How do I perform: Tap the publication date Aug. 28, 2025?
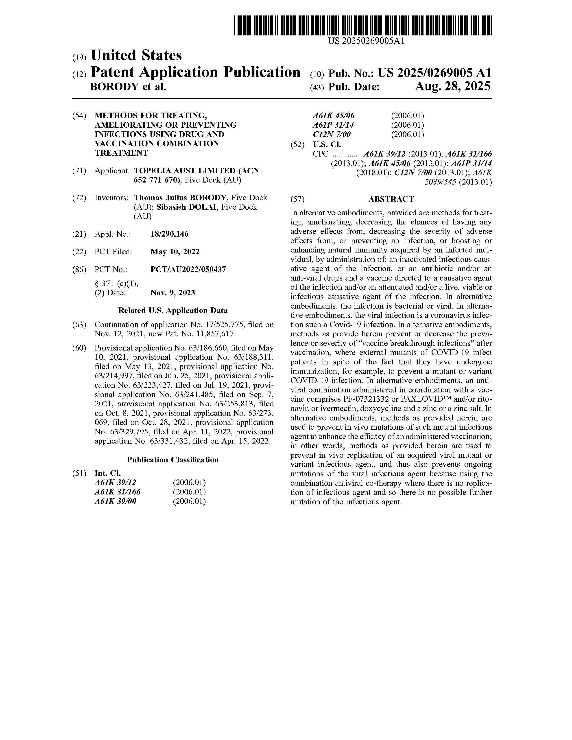[x=452, y=87]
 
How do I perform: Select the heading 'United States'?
[x=136, y=55]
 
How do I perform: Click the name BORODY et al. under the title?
[x=128, y=87]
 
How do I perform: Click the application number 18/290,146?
[x=169, y=234]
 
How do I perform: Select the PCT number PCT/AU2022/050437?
[x=188, y=269]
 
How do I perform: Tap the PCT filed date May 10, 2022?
[x=175, y=252]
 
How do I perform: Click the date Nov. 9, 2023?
[x=172, y=293]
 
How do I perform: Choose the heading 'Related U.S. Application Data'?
[x=173, y=310]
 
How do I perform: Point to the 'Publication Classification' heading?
[x=173, y=460]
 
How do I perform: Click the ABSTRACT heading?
[x=391, y=199]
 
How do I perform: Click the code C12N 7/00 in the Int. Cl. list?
[x=332, y=135]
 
